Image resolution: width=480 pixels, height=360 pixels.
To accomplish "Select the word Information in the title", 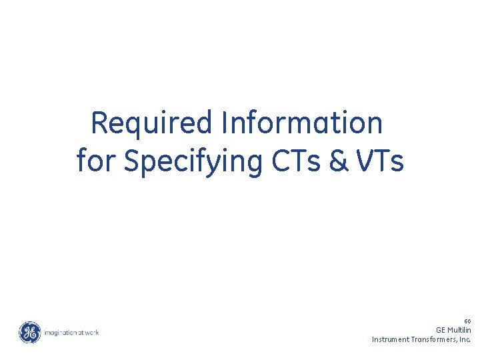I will tap(304, 123).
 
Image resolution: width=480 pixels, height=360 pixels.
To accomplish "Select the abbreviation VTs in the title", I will tap(379, 162).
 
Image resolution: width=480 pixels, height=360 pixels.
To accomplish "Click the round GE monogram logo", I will tap(29, 332).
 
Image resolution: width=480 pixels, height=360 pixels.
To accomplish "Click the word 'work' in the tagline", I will tap(91, 332).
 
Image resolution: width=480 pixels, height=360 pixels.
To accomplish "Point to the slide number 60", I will tap(467, 321).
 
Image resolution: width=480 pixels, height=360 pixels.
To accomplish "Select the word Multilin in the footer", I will tap(460, 330).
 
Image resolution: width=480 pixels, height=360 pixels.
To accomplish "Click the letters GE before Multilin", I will tap(441, 330).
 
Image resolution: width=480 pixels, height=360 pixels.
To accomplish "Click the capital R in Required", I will tap(99, 123).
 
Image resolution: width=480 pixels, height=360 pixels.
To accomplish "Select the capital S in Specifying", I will tap(132, 162).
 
